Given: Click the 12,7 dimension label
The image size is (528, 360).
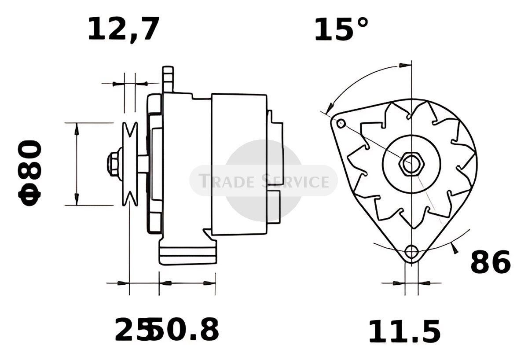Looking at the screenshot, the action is (124, 29).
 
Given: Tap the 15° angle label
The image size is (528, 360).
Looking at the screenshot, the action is (341, 29).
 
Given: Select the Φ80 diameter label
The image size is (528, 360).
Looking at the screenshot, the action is (30, 173).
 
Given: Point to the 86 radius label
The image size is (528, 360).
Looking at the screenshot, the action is (491, 262).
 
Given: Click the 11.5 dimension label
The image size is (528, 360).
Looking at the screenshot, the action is (404, 331).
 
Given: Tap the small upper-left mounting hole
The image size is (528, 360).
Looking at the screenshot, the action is (341, 123).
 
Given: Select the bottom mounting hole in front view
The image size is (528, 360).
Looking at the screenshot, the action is (411, 252).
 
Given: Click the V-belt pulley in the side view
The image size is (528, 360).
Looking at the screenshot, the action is (130, 164).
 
